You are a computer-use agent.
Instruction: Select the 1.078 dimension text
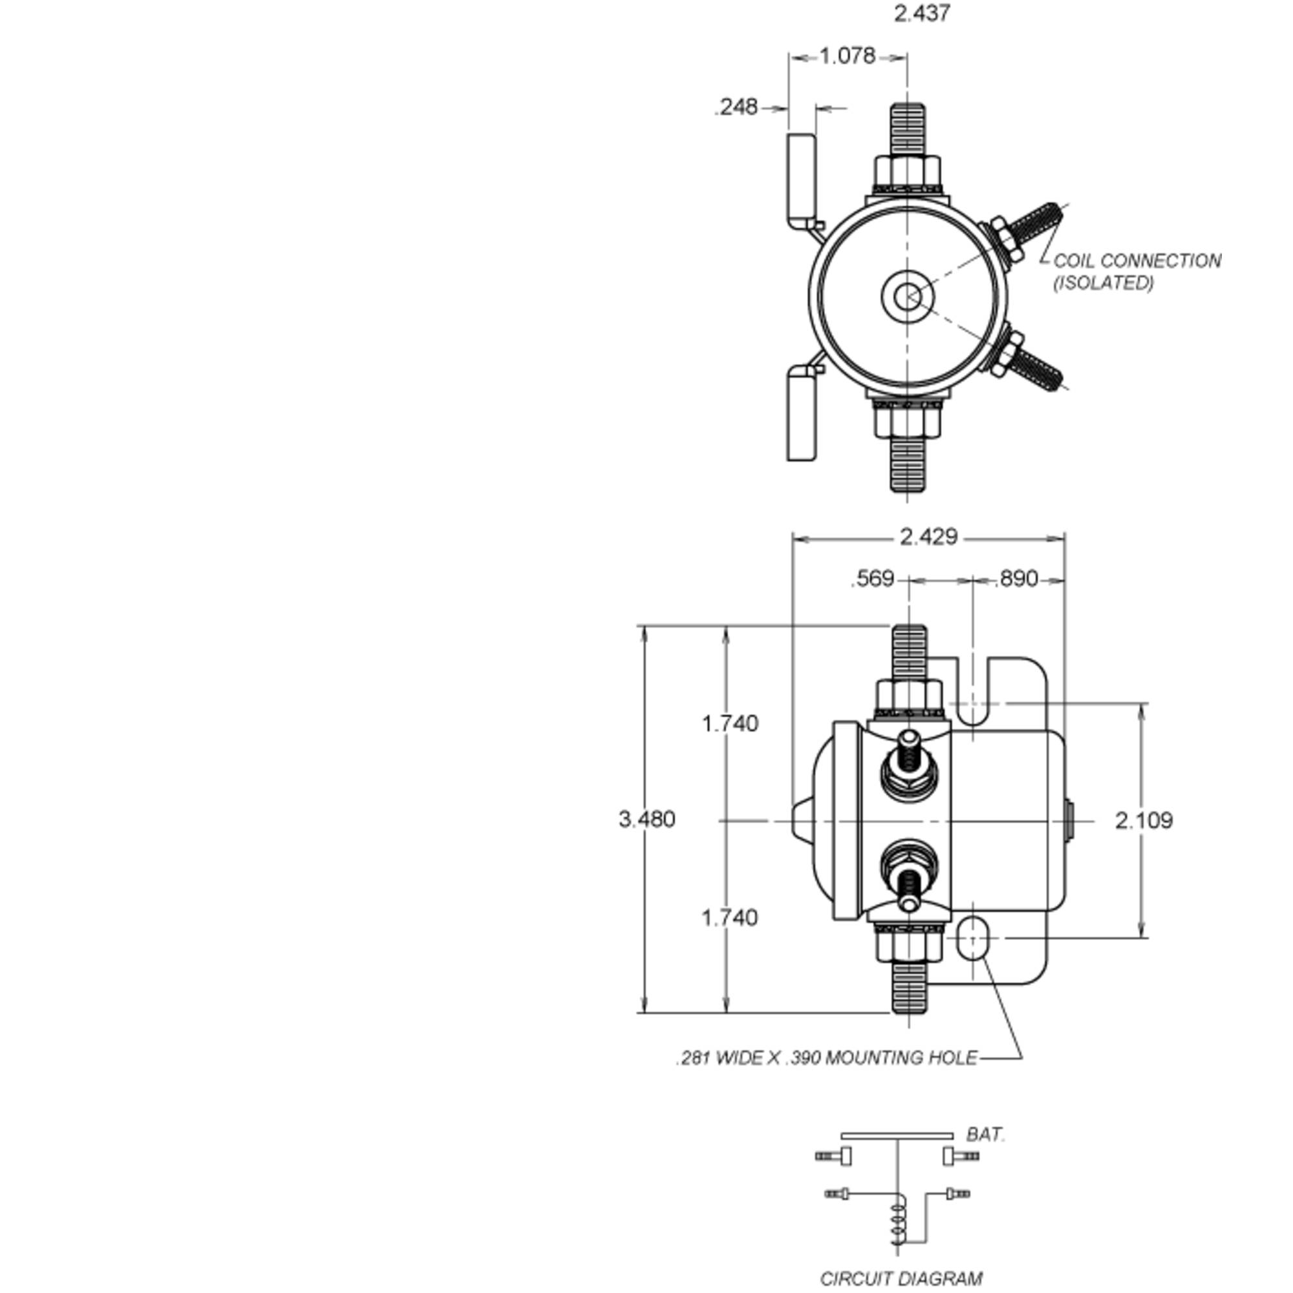coord(848,56)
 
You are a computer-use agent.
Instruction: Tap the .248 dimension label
coord(736,107)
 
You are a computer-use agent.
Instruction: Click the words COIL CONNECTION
coord(1137,261)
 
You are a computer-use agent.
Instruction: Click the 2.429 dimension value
coord(928,537)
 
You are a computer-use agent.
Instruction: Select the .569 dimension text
coord(872,579)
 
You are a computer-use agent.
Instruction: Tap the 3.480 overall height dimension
coord(646,819)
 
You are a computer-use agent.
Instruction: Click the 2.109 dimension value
coord(1144,820)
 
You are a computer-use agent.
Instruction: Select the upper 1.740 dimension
coord(729,723)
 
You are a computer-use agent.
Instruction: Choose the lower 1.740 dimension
coord(729,917)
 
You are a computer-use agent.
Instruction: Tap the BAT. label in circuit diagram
coord(985,1135)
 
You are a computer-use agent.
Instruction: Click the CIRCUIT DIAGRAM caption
coord(901,1279)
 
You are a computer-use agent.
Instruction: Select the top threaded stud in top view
coord(908,129)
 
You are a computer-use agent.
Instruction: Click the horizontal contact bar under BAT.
coord(897,1136)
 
